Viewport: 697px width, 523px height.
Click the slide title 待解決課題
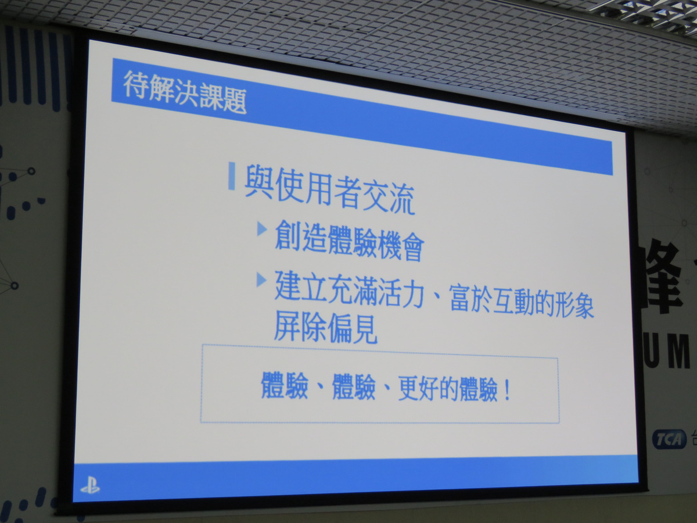[185, 92]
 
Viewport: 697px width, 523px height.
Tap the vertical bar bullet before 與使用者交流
[232, 177]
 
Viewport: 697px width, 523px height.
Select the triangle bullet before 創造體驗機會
[262, 228]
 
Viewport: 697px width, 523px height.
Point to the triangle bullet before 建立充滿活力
[261, 281]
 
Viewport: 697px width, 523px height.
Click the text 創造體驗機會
[348, 242]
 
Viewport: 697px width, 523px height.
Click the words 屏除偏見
[326, 329]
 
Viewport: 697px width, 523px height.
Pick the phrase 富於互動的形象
[522, 304]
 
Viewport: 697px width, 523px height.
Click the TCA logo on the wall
[668, 439]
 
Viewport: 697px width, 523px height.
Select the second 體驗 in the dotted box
[353, 389]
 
